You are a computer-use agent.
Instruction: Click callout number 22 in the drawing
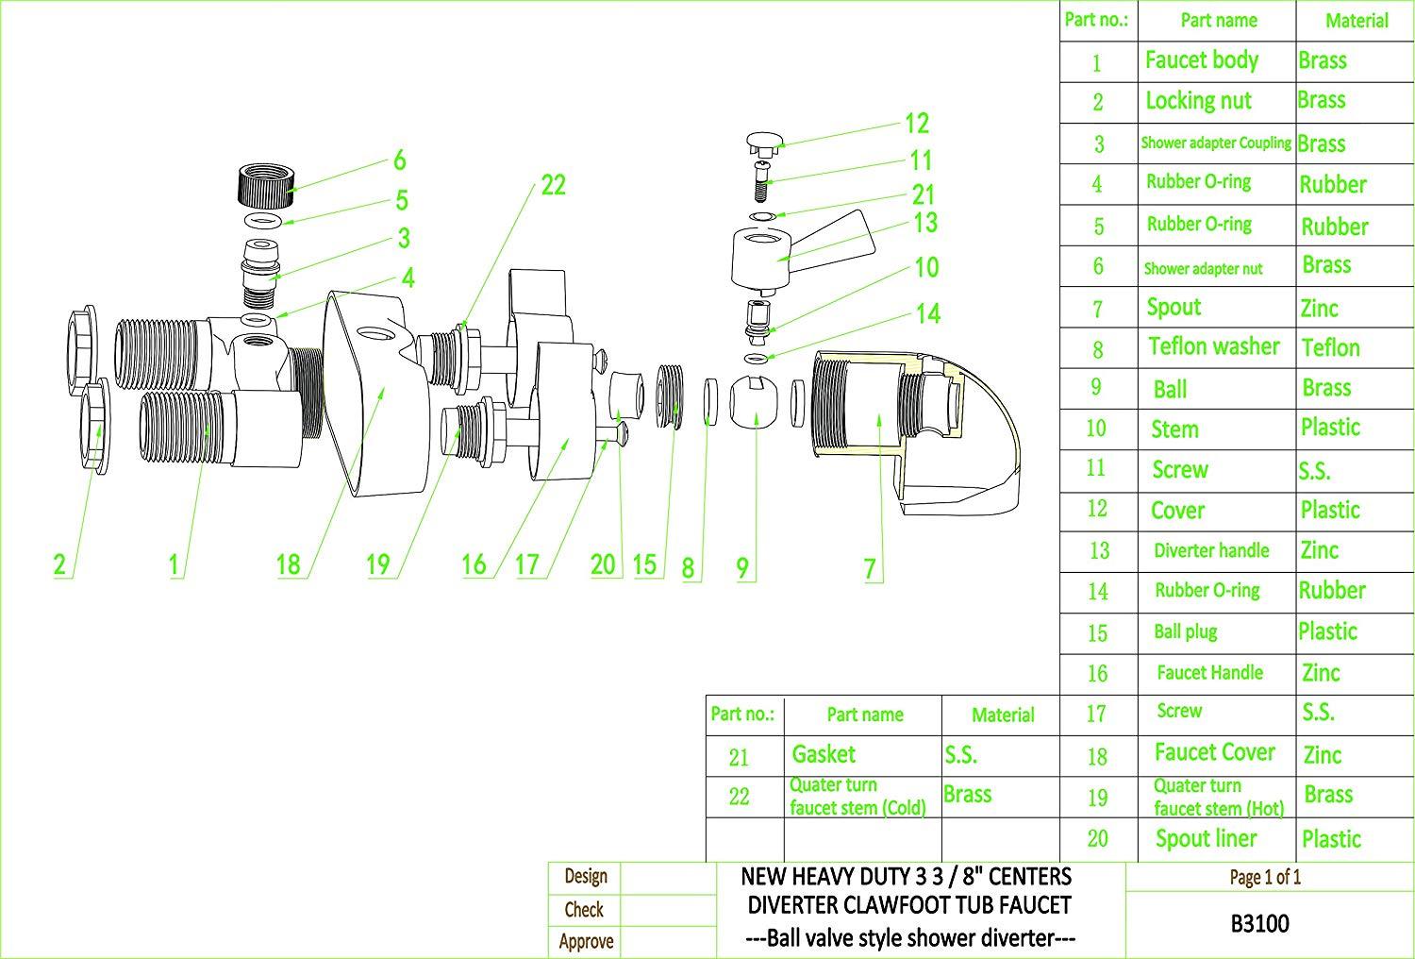pos(553,185)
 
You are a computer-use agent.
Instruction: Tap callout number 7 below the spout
pos(870,569)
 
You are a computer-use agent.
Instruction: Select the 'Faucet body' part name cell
pos(1201,60)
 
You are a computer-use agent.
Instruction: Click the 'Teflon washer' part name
pos(1213,346)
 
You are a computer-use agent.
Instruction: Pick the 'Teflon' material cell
pos(1330,347)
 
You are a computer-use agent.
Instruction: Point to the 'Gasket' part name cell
pos(824,754)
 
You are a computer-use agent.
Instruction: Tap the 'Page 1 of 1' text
pos(1265,877)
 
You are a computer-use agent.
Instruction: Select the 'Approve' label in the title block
pos(586,941)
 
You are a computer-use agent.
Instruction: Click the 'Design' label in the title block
pos(585,876)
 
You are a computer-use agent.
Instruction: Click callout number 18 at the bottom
pos(288,564)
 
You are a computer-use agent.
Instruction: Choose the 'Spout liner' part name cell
pos(1206,838)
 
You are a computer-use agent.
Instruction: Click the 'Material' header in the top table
pos(1357,20)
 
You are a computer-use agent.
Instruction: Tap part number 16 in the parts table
pos(1096,673)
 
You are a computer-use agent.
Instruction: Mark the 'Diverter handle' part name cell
pos(1211,550)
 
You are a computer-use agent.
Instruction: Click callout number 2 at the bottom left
pos(59,564)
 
